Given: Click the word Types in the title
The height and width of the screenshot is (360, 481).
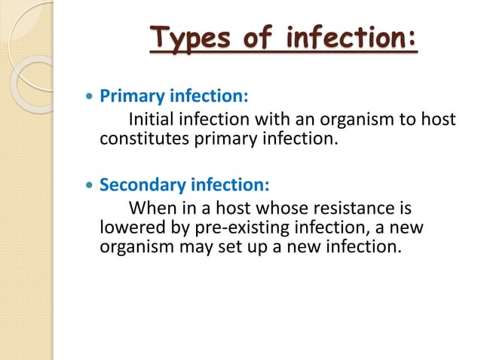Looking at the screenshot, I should click(x=186, y=38).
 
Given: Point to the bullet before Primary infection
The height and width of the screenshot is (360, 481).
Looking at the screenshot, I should click(x=90, y=98).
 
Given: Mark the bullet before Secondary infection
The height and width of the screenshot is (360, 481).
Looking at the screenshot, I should click(x=90, y=185).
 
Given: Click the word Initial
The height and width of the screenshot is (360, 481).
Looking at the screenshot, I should click(x=155, y=119).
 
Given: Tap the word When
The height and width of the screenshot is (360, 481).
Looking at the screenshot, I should click(x=153, y=206).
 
